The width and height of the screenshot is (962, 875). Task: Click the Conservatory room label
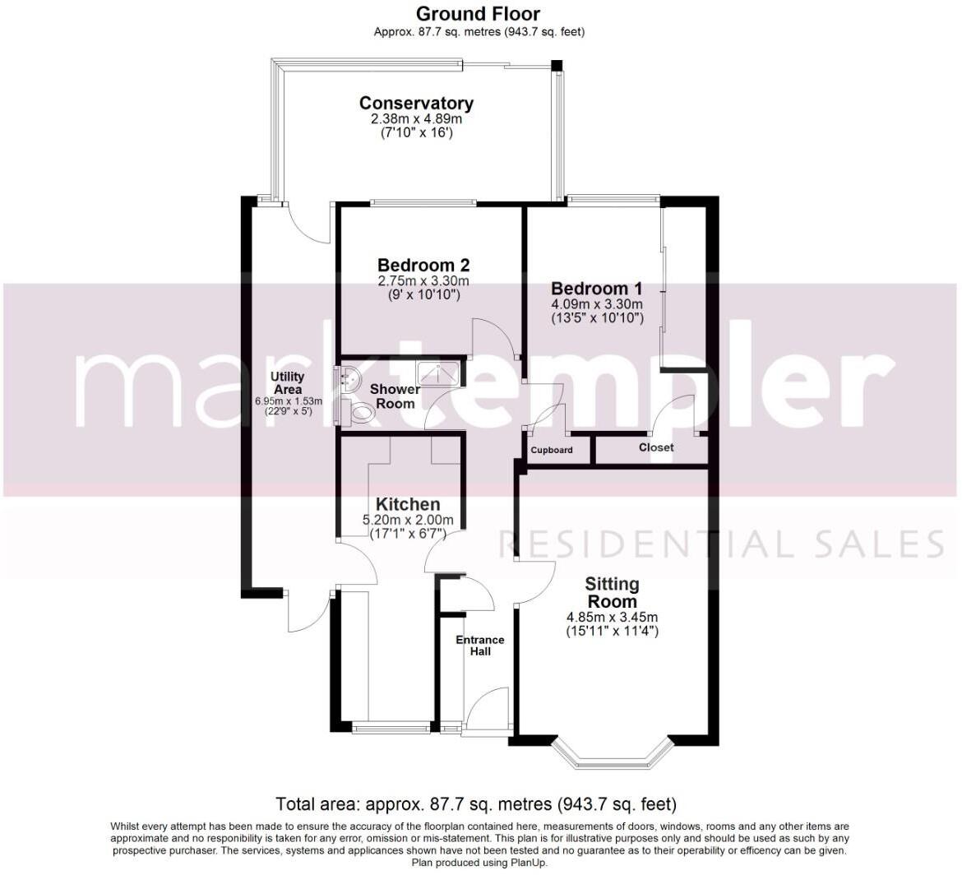(416, 104)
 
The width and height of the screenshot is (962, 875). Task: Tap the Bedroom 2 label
(423, 266)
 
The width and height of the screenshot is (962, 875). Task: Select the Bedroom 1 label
(596, 289)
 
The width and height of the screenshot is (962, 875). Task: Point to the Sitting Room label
(612, 592)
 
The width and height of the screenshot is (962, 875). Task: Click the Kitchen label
(408, 504)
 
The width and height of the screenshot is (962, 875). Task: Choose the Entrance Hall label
(480, 646)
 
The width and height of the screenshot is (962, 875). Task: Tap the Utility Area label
(288, 383)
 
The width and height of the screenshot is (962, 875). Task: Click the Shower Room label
(395, 396)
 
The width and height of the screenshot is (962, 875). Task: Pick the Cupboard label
(552, 451)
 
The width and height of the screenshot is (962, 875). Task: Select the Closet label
(656, 447)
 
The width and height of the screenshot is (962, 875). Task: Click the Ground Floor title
(478, 14)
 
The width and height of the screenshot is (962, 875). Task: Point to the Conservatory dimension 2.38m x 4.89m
(416, 119)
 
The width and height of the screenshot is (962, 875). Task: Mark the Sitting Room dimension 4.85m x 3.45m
(612, 618)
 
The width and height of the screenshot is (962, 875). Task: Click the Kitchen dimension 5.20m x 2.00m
(408, 520)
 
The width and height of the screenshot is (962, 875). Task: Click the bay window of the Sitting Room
(612, 752)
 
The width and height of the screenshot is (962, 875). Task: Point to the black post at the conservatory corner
(557, 65)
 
